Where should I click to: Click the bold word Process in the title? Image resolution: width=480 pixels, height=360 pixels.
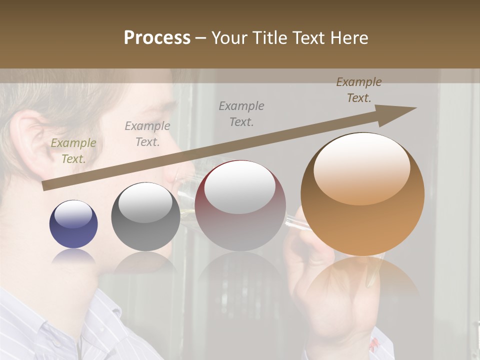coord(157,38)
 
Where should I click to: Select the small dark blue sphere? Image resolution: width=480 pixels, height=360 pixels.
coord(73,224)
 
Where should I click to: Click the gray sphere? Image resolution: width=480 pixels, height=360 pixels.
coord(145,217)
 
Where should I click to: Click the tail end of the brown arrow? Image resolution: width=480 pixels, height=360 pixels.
coord(44,186)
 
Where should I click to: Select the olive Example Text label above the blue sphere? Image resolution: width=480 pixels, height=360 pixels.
coord(73,151)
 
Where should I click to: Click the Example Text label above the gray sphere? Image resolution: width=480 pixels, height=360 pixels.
coord(147,134)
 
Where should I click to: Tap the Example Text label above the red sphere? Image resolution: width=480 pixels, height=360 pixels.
coord(241,113)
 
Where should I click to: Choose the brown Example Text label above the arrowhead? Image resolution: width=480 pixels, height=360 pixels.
coord(359,90)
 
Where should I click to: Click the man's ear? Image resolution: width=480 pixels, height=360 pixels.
coord(27,135)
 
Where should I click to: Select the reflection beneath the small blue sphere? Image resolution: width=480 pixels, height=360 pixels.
coord(73,257)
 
